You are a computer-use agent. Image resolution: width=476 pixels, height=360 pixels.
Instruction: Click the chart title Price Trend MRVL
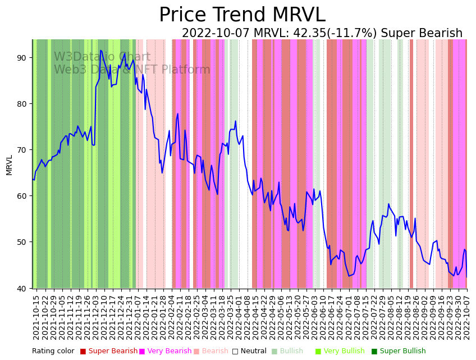coord(242,15)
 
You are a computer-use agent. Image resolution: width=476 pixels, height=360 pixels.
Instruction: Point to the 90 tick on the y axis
coord(21,58)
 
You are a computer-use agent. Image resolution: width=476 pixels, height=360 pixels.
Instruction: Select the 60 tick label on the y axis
coord(21,196)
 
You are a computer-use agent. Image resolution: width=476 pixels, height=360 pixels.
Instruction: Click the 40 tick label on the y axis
coord(21,288)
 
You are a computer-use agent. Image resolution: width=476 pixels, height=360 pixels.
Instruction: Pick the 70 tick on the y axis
coord(21,150)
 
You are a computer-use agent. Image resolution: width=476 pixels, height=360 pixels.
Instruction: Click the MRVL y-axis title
coord(9,165)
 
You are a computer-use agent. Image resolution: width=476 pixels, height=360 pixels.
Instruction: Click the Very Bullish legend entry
coord(344,352)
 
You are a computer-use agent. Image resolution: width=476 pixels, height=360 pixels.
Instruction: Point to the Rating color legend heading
coord(53,352)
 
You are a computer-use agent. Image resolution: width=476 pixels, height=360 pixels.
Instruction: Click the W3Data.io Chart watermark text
coord(102,57)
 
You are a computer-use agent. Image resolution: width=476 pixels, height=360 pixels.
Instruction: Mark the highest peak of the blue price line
coord(100,51)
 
